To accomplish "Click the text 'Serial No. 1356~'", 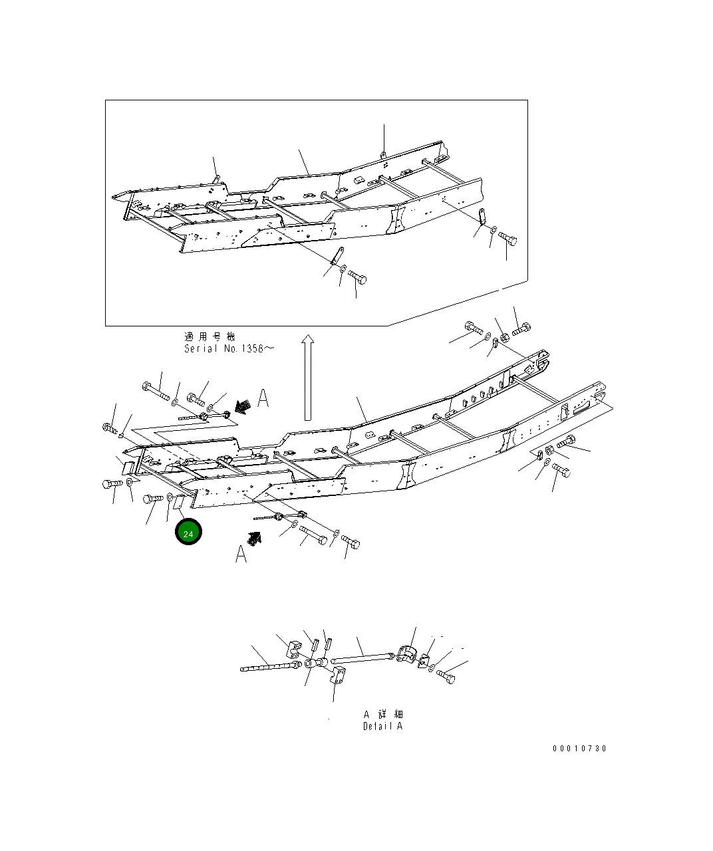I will pyautogui.click(x=228, y=348).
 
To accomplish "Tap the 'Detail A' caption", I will pyautogui.click(x=382, y=726).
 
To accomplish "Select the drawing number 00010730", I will pyautogui.click(x=579, y=749).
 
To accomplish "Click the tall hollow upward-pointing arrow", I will pyautogui.click(x=307, y=378).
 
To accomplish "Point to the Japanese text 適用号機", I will pyautogui.click(x=210, y=337).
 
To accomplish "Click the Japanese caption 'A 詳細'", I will pyautogui.click(x=383, y=713).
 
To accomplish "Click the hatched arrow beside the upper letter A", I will pyautogui.click(x=244, y=406).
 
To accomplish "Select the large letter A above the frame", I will pyautogui.click(x=263, y=398).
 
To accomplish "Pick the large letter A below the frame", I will pyautogui.click(x=241, y=553).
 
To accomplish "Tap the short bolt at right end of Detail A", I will pyautogui.click(x=446, y=677).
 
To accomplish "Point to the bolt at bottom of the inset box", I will pyautogui.click(x=356, y=276).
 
